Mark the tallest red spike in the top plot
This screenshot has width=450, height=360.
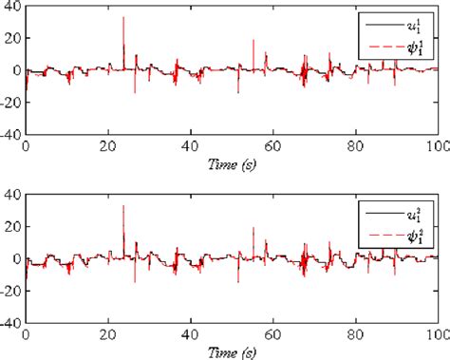click(123, 18)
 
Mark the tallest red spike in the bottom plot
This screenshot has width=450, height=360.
click(123, 206)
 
